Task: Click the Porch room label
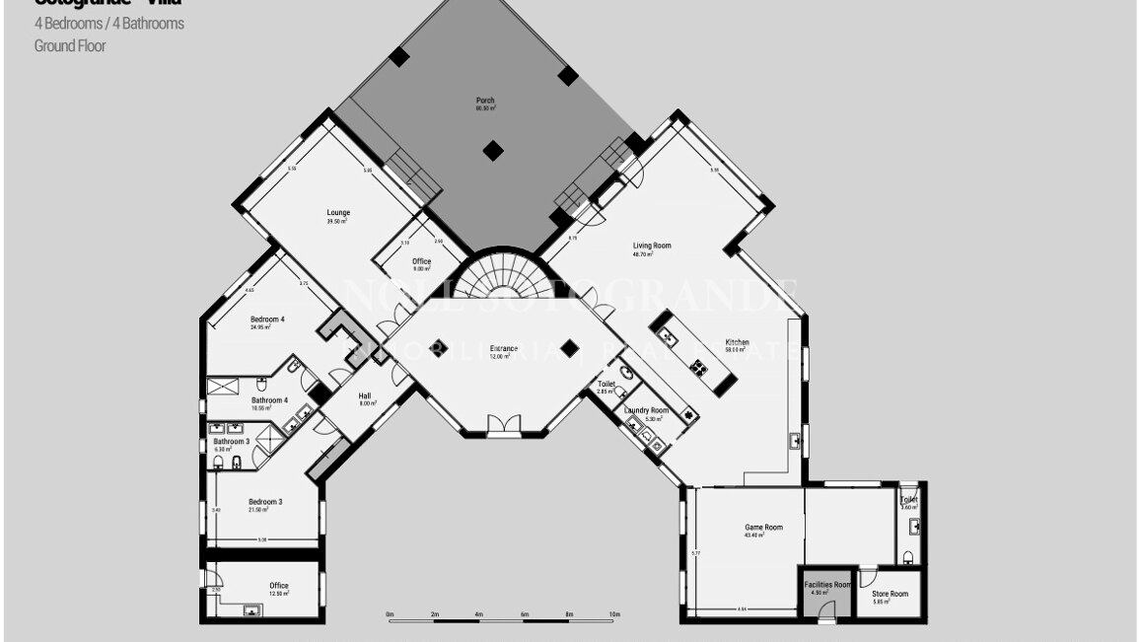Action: coord(485,101)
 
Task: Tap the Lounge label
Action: coord(338,213)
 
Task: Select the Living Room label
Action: coord(652,246)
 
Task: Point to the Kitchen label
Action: coord(738,343)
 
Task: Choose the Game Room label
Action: coord(763,528)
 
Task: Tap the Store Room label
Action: coord(891,594)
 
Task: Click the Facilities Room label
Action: coord(827,585)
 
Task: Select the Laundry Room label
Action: coord(646,410)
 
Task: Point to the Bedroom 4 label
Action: coord(267,320)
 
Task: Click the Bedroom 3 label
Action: coord(265,502)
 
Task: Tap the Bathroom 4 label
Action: coord(269,400)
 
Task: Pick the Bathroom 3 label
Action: coord(232,441)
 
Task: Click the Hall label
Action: coord(365,396)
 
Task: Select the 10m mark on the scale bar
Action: coord(614,614)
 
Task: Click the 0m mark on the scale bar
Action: coord(390,614)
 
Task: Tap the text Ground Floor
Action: coord(70,45)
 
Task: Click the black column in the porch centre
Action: coord(493,151)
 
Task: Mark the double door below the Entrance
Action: coord(503,425)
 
